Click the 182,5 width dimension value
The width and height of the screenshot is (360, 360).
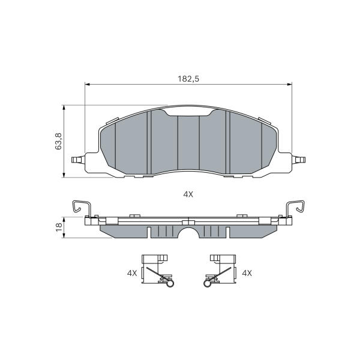click(188, 79)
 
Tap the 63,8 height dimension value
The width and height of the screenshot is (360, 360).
click(58, 141)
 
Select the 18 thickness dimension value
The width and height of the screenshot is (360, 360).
click(59, 227)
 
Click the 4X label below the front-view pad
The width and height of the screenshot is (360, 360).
click(188, 194)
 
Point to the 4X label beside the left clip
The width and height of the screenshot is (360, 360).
click(132, 273)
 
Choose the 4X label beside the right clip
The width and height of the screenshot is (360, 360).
click(247, 273)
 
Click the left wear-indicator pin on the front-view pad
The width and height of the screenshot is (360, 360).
click(78, 160)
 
